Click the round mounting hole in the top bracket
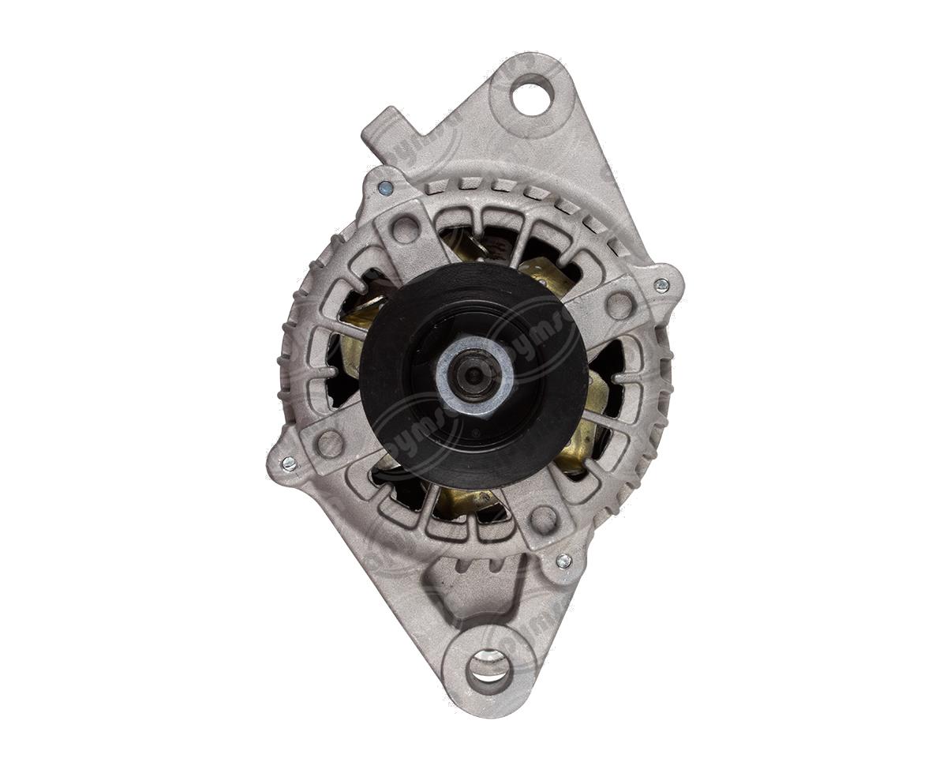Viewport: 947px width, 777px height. tap(532, 96)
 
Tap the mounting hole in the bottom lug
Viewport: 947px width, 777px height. tap(488, 669)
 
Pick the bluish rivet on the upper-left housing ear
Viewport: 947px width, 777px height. tap(385, 188)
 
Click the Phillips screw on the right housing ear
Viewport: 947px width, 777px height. tap(661, 285)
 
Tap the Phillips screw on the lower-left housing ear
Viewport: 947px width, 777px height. tap(289, 464)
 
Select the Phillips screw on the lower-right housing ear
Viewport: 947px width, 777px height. tap(563, 561)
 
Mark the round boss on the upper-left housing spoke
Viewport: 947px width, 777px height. tap(406, 229)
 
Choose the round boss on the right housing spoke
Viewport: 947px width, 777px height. tap(619, 305)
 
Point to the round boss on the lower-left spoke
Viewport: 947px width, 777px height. tap(330, 444)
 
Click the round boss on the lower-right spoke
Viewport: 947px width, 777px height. tap(543, 519)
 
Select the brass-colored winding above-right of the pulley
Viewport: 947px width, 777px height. tap(545, 272)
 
